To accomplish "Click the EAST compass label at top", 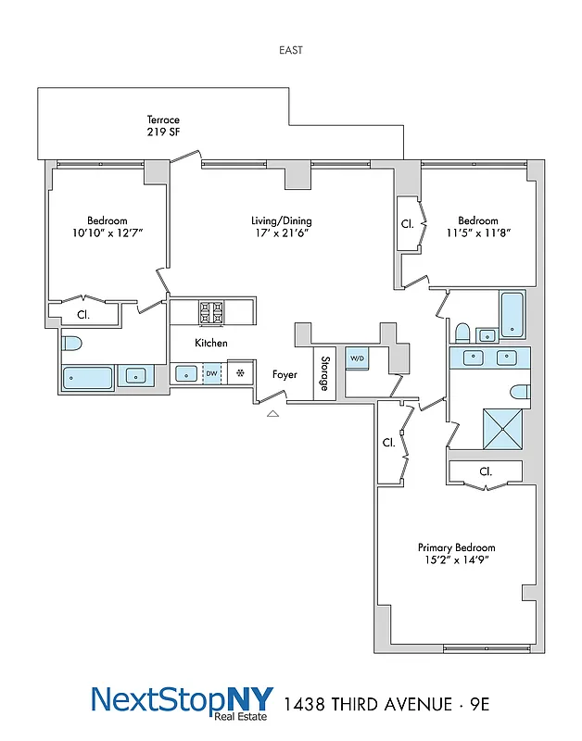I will pos(290,50).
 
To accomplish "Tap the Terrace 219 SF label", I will pos(162,126).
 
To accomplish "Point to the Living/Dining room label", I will pos(281,221).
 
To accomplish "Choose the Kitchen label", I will pos(211,343).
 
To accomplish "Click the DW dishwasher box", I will pos(212,374).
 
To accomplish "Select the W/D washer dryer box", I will pos(357,358).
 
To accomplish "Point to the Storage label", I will pos(325,373).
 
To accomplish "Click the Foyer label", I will pos(285,375).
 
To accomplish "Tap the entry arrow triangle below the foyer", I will pos(272,414).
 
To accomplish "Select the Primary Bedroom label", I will pos(456,547).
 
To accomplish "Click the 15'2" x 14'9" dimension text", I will pos(456,560).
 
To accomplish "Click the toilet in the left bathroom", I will pos(72,344).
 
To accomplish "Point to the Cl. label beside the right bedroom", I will pos(406,223).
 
